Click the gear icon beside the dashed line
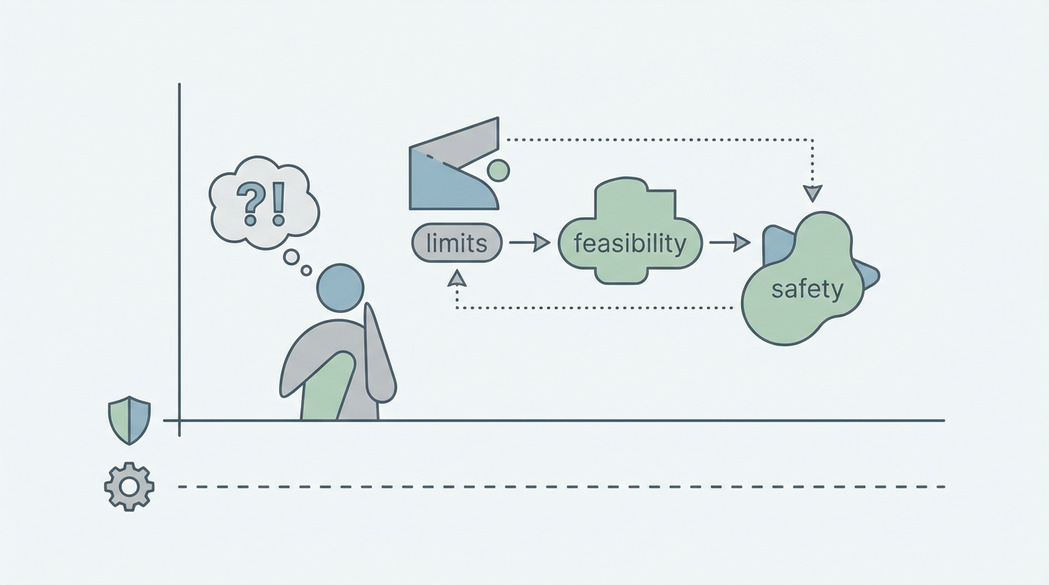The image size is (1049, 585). [x=129, y=486]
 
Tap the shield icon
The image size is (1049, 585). [x=130, y=420]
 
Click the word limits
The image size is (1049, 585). [x=457, y=244]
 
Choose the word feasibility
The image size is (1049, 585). [x=630, y=244]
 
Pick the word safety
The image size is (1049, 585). [x=807, y=289]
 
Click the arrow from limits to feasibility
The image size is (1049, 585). [x=529, y=243]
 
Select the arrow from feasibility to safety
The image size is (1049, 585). [x=730, y=243]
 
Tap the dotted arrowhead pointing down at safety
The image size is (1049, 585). [x=813, y=193]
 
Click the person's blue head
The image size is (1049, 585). [x=340, y=288]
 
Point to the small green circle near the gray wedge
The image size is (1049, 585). [x=498, y=171]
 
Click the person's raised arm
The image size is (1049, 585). [x=379, y=354]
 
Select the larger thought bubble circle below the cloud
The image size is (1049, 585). [x=291, y=257]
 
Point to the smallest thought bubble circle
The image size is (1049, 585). [x=306, y=270]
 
